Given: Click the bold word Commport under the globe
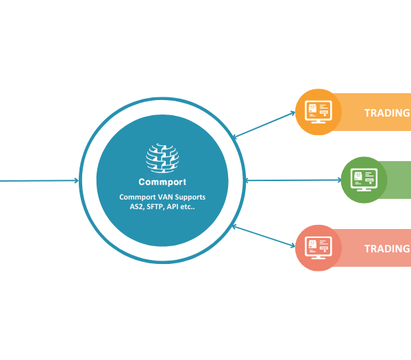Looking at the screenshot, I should (162, 182).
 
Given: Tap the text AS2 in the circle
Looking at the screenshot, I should (138, 207).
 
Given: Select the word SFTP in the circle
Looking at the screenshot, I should (162, 207).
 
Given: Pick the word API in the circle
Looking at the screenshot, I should (184, 207).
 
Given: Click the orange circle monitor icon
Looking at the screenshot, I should (319, 112).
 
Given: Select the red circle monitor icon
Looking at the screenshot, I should (319, 248).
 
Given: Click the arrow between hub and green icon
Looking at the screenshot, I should (292, 180).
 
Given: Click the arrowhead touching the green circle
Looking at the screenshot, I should (338, 180).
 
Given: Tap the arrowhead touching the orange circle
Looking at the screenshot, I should (293, 113).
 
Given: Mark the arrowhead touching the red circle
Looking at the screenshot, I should (293, 248).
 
